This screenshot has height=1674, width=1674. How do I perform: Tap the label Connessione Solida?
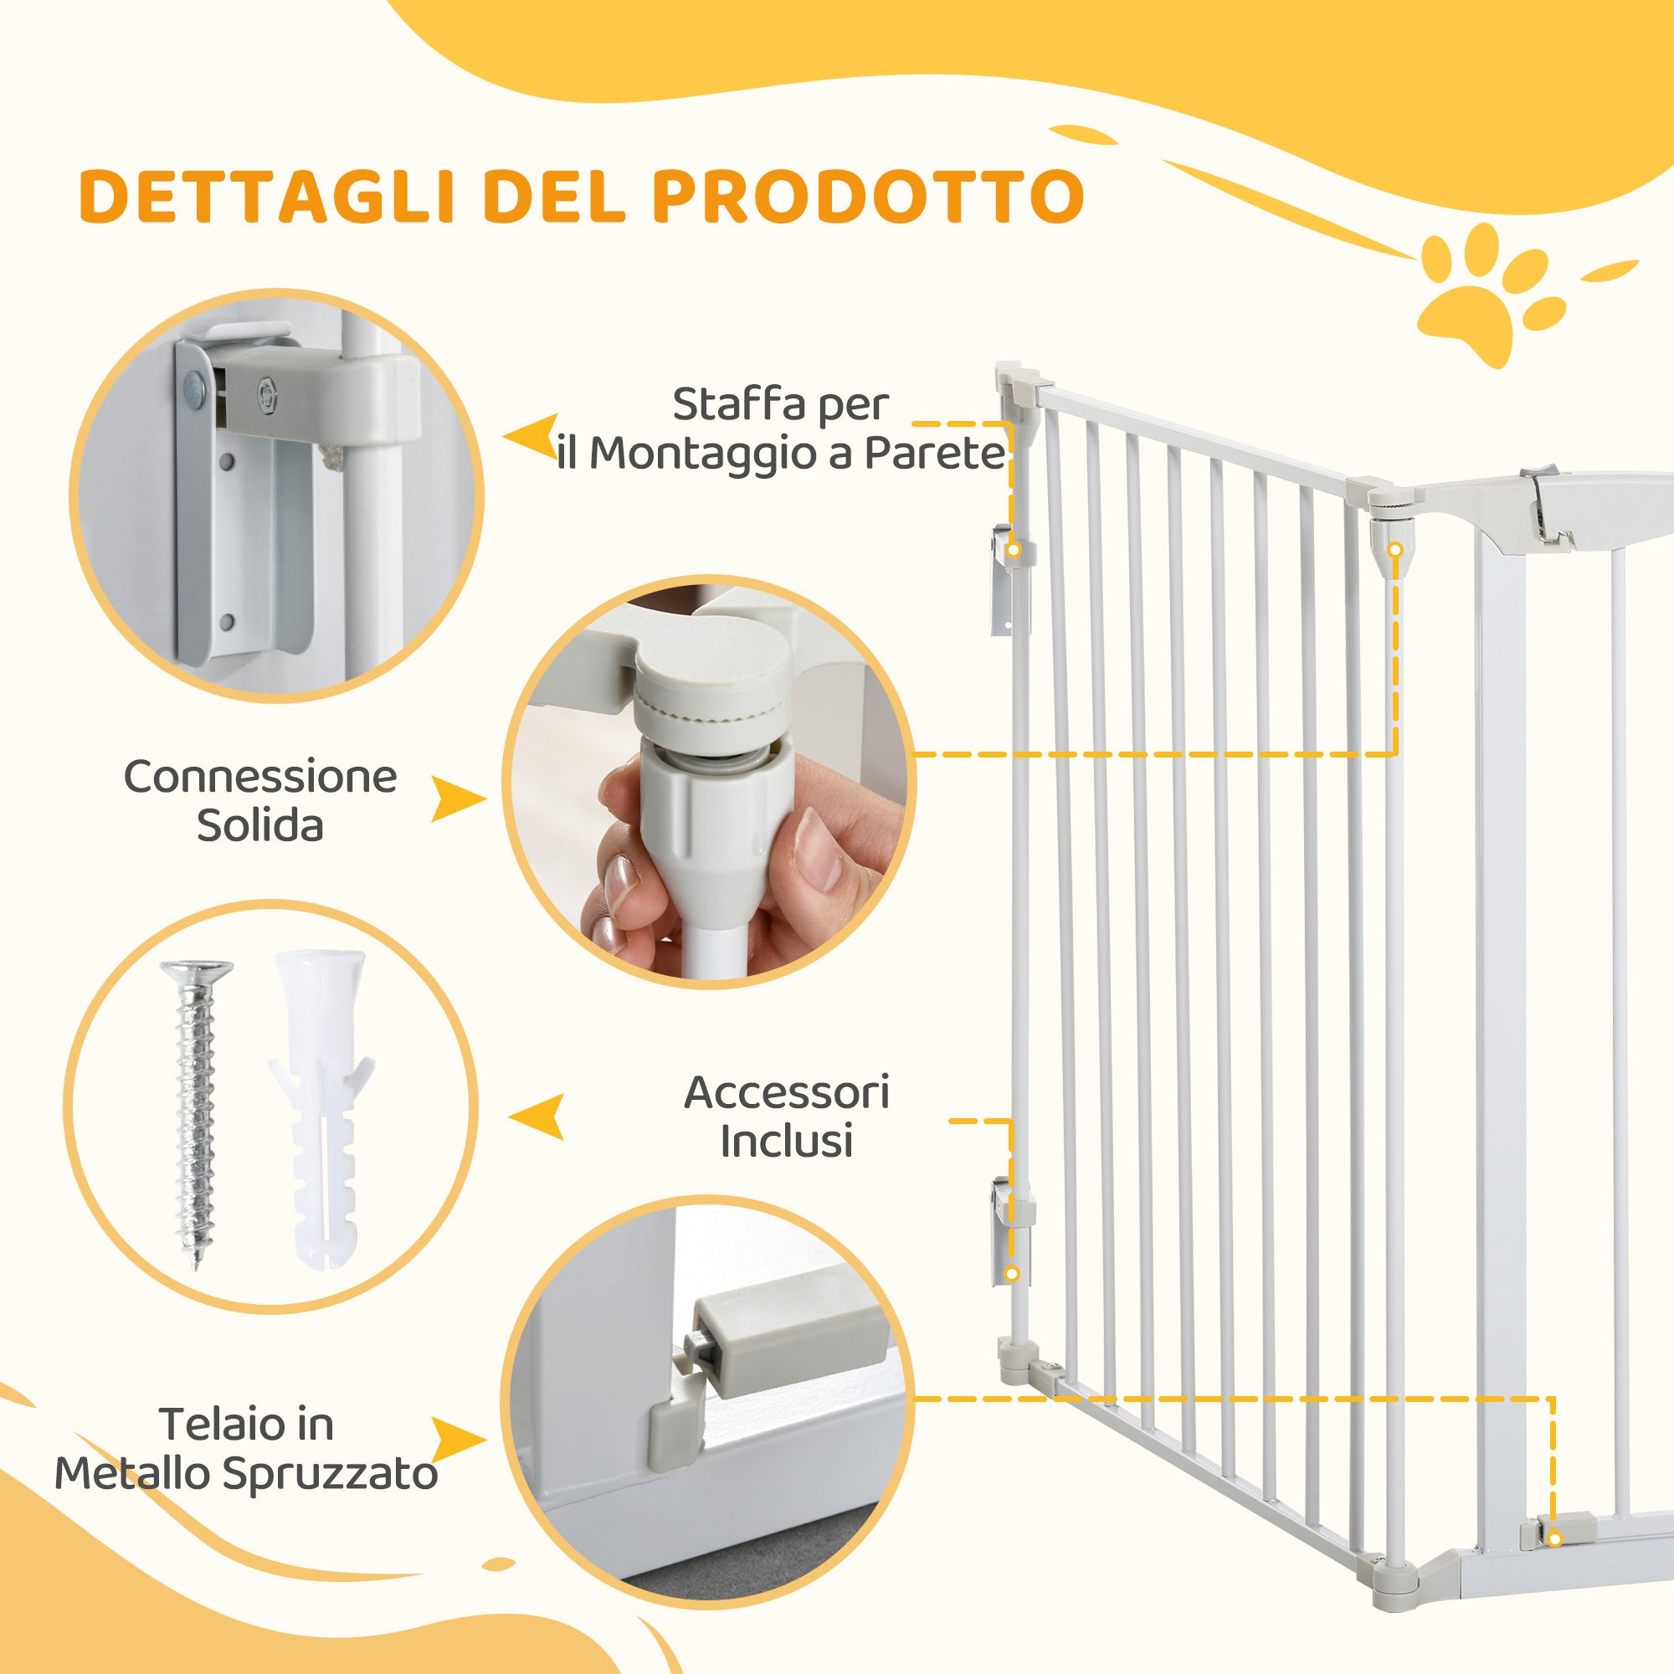point(260,801)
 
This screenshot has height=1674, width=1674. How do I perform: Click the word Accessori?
point(786,1092)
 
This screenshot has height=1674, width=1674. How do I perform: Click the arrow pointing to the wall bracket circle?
point(531,438)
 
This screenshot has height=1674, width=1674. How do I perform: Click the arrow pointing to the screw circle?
point(537,1116)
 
